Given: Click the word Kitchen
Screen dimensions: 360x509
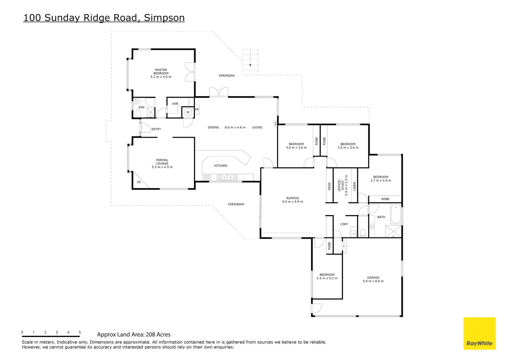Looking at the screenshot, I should [220, 166].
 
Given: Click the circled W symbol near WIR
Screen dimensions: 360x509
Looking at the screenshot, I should [188, 112].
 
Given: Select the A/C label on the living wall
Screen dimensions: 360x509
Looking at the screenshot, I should [276, 123].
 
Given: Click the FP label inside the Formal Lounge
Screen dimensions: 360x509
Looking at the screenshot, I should [139, 182].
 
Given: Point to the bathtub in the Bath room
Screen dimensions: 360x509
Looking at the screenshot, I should [395, 214].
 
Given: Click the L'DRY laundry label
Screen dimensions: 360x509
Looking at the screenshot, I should [344, 224].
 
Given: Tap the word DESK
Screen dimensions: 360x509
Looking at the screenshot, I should [329, 186].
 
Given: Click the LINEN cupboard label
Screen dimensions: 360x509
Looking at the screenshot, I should [354, 186].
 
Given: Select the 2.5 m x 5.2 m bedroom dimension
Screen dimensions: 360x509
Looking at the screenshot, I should [327, 278].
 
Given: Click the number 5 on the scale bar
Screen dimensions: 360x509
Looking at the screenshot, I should [80, 332].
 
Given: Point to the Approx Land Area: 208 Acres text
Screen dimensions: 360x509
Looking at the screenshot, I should [134, 334].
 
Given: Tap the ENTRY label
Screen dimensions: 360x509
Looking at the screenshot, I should [156, 129].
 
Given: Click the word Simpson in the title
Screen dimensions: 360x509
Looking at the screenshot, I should [164, 18].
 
